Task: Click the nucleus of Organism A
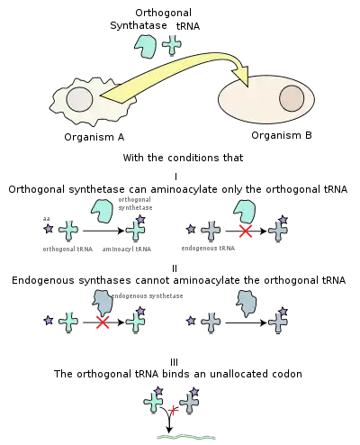click(x=79, y=99)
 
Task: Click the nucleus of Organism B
click(x=292, y=98)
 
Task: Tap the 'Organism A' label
click(x=94, y=137)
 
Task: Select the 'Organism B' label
click(x=282, y=135)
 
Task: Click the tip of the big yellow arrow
click(x=247, y=86)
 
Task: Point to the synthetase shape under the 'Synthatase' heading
click(x=145, y=47)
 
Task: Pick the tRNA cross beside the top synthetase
click(x=172, y=45)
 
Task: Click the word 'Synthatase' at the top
click(x=139, y=25)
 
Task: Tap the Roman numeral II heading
click(x=175, y=268)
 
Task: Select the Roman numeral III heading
click(x=175, y=362)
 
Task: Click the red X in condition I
click(x=246, y=231)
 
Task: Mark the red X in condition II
click(x=103, y=322)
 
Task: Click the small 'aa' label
click(x=46, y=219)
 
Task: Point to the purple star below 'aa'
click(x=48, y=229)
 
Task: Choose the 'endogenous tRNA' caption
click(x=208, y=249)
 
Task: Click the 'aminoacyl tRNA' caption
click(x=127, y=250)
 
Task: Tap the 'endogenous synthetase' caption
click(x=147, y=296)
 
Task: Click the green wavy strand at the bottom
click(x=186, y=437)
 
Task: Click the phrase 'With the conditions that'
click(x=183, y=158)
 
